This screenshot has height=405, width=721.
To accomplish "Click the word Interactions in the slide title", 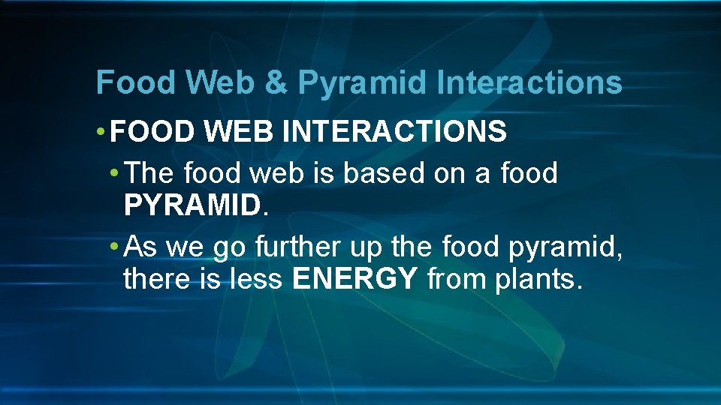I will click(529, 82).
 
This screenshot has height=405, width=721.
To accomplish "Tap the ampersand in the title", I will click(276, 82).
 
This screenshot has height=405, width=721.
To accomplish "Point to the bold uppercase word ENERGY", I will click(354, 279).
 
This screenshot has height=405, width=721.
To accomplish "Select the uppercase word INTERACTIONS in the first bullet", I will click(394, 133).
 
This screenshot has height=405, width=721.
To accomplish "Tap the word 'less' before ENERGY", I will click(257, 279).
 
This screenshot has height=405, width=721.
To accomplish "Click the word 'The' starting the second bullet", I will click(150, 173).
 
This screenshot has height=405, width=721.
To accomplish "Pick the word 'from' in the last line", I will click(454, 279).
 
